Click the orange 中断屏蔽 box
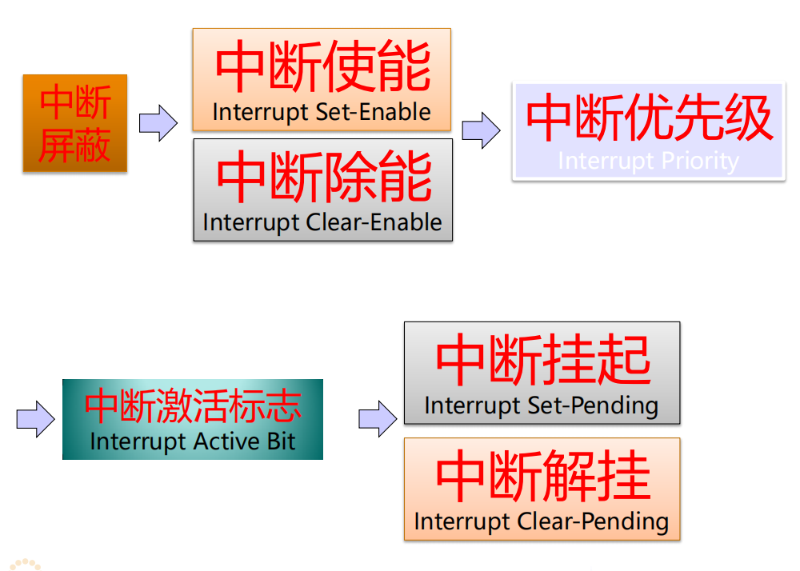(x=75, y=123)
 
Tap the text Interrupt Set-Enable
(x=322, y=112)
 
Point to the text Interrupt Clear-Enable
(x=322, y=222)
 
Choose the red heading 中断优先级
(x=649, y=119)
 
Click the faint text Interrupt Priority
(x=648, y=161)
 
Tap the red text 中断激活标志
(x=193, y=405)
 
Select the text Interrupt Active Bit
(x=193, y=441)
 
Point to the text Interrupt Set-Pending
(x=542, y=405)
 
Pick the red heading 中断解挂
(x=542, y=477)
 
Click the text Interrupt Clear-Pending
(x=542, y=521)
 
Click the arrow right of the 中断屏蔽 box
(x=158, y=123)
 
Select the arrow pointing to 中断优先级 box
(x=481, y=130)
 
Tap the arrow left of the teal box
(x=35, y=419)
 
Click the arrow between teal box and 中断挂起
(x=378, y=418)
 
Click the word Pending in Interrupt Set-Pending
(x=618, y=405)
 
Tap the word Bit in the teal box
(x=282, y=441)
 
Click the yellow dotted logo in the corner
(x=24, y=563)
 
